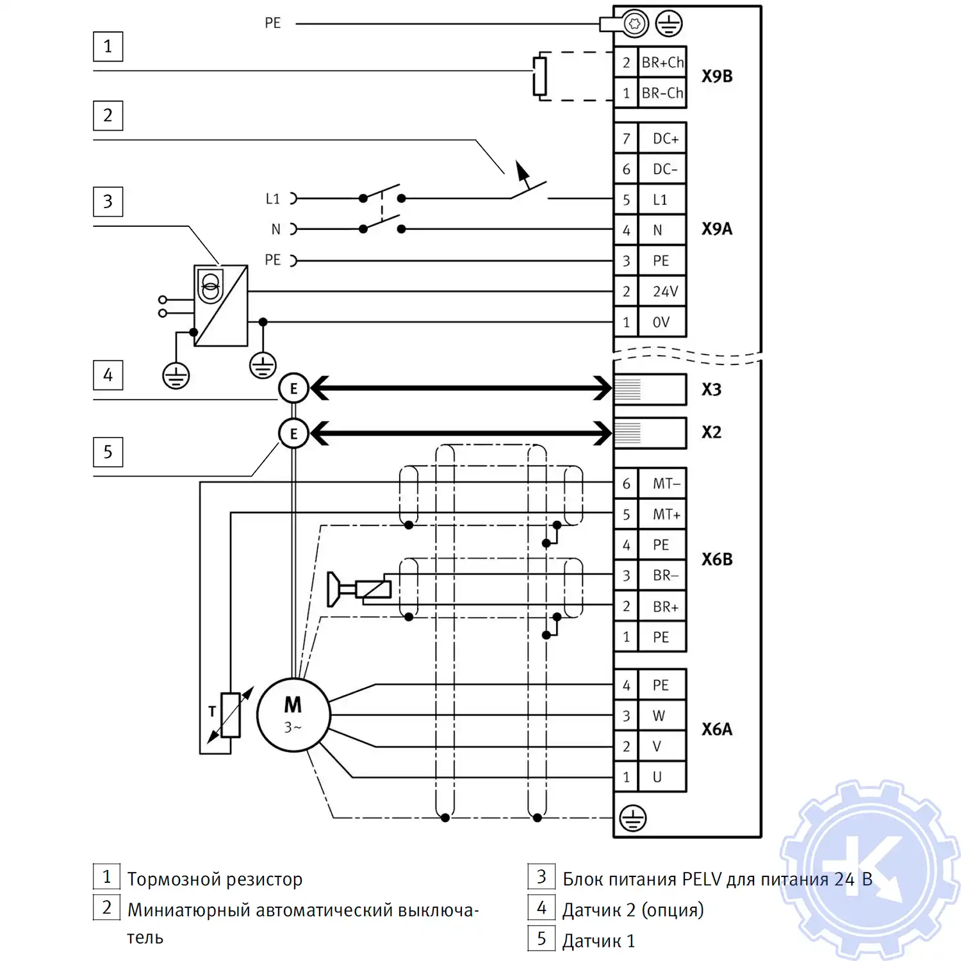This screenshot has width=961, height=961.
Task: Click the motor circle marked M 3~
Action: [293, 714]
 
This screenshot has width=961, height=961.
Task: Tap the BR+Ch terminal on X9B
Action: [662, 62]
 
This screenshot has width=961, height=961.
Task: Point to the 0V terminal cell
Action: [662, 322]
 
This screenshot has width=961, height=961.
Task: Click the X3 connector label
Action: [711, 390]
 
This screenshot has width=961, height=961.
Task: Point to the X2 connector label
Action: [711, 432]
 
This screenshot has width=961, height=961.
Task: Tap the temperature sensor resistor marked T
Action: [230, 715]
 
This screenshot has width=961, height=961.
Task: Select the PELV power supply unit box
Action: [221, 306]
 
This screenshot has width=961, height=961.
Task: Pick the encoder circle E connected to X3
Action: [293, 388]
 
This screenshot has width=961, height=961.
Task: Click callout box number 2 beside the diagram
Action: [108, 115]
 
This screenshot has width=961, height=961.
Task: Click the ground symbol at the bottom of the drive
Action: [633, 818]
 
